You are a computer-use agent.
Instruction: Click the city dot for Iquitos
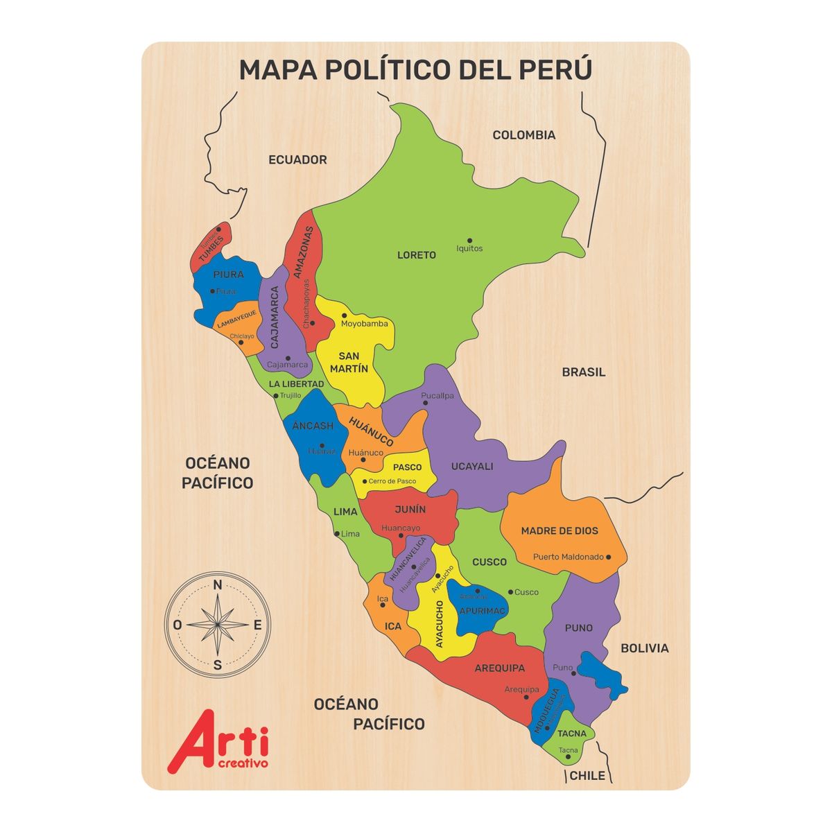[x=469, y=240]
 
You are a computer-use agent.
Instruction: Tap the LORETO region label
[x=417, y=255]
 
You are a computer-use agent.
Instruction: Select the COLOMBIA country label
[x=524, y=135]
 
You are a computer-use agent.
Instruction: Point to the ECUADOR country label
[x=297, y=160]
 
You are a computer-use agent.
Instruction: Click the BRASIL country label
[x=584, y=372]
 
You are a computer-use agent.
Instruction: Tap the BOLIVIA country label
[x=645, y=648]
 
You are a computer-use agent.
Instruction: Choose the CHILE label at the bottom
[x=587, y=776]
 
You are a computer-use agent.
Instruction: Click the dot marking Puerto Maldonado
[x=609, y=557]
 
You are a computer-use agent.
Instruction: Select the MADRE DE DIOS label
[x=560, y=531]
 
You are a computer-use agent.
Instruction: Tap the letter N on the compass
[x=217, y=585]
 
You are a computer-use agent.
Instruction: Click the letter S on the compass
[x=217, y=665]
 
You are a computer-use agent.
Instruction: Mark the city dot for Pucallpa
[x=426, y=403]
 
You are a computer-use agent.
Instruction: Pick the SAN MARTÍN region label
[x=349, y=363]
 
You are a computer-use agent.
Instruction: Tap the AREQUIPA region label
[x=500, y=668]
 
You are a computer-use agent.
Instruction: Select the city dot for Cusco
[x=510, y=592]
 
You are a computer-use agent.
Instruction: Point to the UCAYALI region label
[x=472, y=467]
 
